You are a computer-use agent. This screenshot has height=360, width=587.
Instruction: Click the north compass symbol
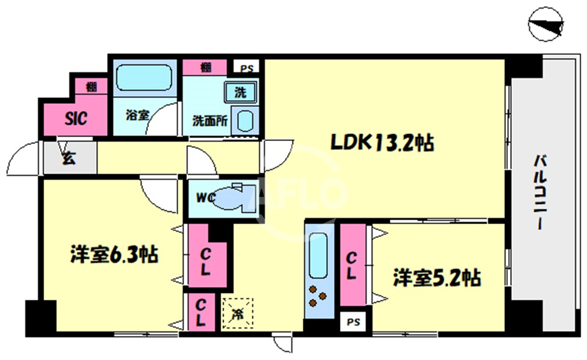coord(546,24)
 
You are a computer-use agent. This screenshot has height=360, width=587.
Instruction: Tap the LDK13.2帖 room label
coord(382,143)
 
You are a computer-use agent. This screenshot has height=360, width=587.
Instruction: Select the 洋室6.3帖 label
coord(114,255)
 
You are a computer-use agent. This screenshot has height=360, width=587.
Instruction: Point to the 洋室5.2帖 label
coord(436,277)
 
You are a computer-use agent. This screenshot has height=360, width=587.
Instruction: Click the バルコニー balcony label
coord(540,192)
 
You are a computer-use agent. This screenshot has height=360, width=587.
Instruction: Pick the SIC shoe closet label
coord(76,119)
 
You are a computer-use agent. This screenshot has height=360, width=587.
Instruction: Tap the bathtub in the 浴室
coord(144,78)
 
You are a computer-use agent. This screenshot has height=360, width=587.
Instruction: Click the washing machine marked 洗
coord(240,92)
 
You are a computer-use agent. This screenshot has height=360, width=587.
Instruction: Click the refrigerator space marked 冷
coord(237,314)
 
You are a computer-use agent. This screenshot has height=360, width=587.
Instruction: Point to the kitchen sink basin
coord(318,255)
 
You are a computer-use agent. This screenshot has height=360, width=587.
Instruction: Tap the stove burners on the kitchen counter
coord(318,296)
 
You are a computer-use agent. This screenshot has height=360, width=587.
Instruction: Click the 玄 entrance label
coord(69,158)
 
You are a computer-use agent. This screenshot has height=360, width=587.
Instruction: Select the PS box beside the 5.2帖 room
coord(353,322)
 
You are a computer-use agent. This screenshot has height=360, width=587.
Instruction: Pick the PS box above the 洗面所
coord(246,68)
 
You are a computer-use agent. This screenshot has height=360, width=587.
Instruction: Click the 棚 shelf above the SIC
coord(91,87)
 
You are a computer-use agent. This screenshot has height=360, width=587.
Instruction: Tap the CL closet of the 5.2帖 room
coord(353,265)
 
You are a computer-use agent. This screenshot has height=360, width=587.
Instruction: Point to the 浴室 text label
coord(138,115)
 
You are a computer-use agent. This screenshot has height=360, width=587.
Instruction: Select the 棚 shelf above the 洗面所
coord(205,68)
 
